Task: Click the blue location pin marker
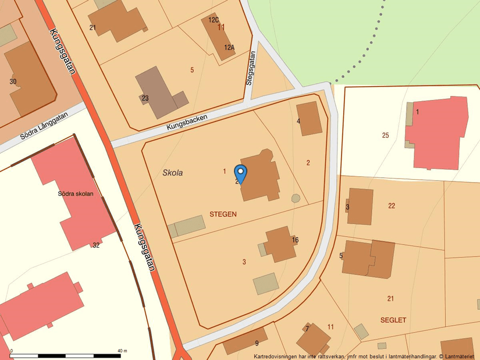(240, 173)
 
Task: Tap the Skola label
(173, 173)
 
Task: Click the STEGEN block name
(223, 214)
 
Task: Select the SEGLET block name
(393, 320)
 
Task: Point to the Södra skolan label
(76, 194)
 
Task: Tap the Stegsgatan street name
(251, 69)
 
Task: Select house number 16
(295, 240)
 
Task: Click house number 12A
(229, 48)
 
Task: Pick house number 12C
(214, 20)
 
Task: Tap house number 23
(145, 98)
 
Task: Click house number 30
(13, 81)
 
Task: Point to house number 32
(96, 245)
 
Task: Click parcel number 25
(385, 136)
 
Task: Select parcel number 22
(392, 205)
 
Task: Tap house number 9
(257, 343)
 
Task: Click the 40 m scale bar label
(122, 351)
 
